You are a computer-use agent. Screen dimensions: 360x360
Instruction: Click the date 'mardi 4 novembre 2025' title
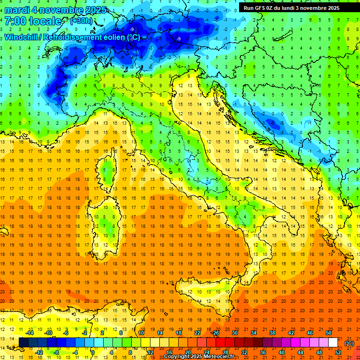tap(55, 10)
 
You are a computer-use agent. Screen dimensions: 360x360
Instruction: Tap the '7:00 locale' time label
tap(33, 22)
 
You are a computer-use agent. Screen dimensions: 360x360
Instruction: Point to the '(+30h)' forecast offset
tap(81, 21)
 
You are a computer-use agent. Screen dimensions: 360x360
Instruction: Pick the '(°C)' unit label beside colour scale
tap(349, 343)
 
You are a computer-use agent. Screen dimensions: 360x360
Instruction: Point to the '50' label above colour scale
tap(329, 333)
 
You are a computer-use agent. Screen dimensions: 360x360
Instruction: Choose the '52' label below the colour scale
tap(337, 352)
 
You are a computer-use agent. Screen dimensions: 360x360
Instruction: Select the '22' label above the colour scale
tap(197, 333)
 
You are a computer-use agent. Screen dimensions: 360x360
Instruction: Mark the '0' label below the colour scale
tap(93, 352)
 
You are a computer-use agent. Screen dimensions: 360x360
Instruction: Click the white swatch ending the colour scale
tap(333, 343)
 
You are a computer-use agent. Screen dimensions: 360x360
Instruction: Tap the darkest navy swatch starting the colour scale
tap(23, 343)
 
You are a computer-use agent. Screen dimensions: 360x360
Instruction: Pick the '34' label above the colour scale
tap(254, 333)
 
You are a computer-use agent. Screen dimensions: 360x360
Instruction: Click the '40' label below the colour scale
tap(281, 352)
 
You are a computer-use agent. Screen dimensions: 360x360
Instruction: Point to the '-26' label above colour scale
tap(215, 333)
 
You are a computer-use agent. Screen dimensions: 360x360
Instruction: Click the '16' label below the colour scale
tap(169, 352)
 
